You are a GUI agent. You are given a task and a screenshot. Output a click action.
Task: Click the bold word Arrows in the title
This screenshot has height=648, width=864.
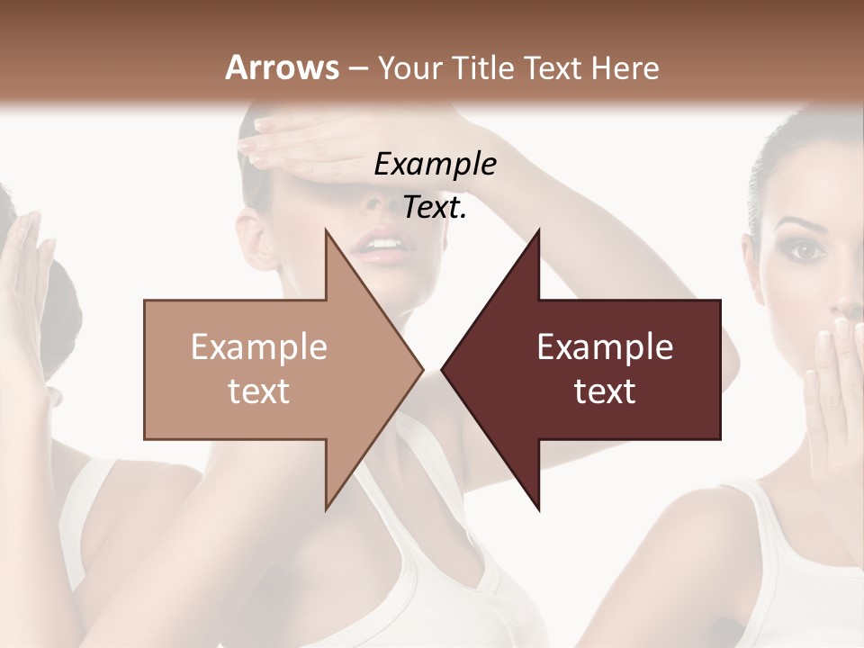tap(282, 67)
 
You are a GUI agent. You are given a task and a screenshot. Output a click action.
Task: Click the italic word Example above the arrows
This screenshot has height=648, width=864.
tap(435, 164)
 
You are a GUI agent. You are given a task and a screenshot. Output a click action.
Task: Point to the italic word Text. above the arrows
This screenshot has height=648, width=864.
tap(435, 207)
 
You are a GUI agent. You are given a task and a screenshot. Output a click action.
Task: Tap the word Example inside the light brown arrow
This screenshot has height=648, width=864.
tap(259, 346)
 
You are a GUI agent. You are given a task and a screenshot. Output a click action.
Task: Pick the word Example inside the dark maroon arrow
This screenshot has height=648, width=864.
tap(605, 346)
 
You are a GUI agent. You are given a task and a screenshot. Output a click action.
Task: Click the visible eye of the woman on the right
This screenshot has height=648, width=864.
tap(805, 251)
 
